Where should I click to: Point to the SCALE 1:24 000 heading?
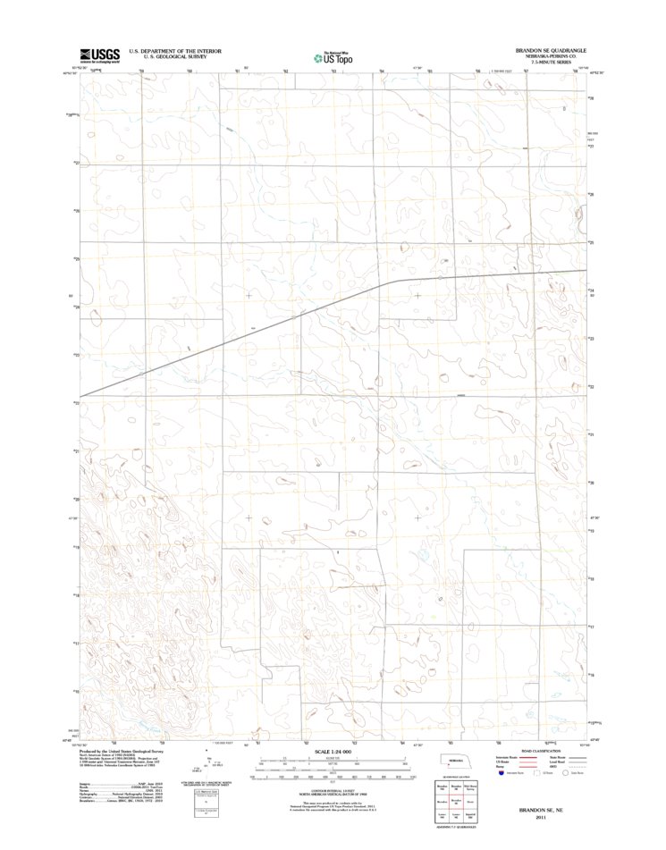[332, 753]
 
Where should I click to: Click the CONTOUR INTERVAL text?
[332, 786]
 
